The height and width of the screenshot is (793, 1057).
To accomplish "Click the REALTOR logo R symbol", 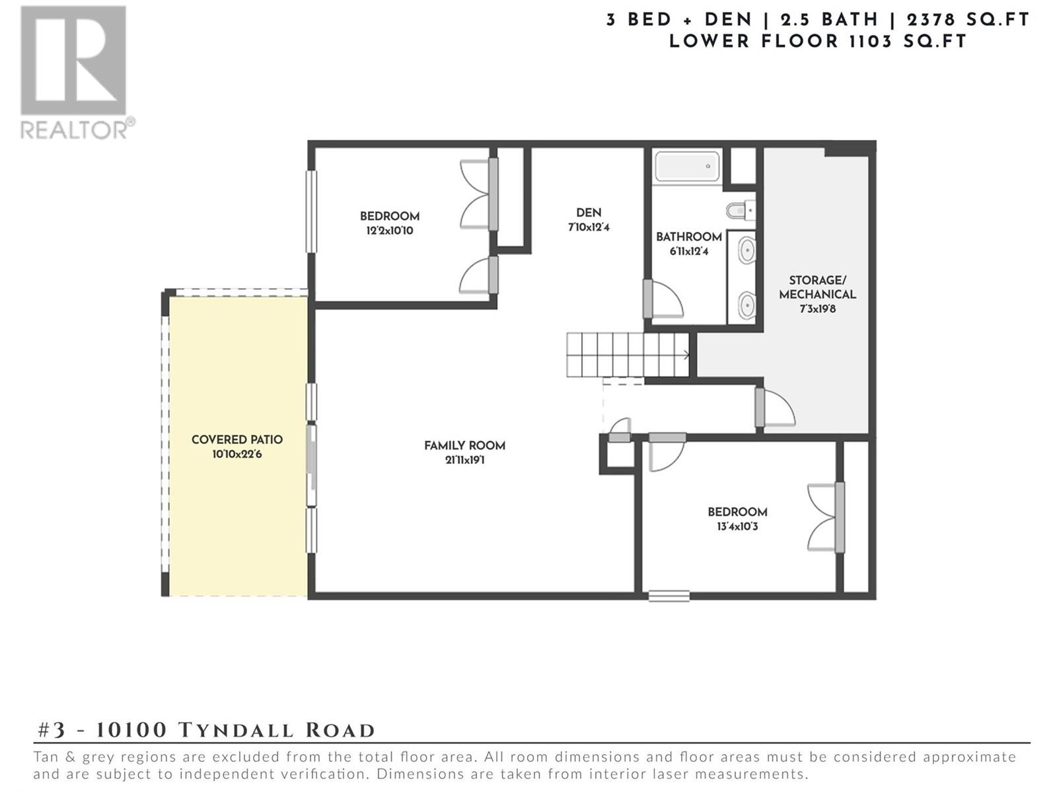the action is pyautogui.click(x=73, y=60).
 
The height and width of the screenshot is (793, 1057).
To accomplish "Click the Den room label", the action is pyautogui.click(x=589, y=212).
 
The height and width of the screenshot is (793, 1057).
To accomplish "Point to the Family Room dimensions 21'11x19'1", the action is pyautogui.click(x=464, y=460).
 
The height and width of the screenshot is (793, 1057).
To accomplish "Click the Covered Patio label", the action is pyautogui.click(x=237, y=439).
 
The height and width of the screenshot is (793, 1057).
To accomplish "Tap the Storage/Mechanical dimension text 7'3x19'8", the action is pyautogui.click(x=818, y=309).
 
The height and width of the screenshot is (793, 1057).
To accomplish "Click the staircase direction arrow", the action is pyautogui.click(x=685, y=356).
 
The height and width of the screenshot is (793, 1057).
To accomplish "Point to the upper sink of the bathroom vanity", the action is pyautogui.click(x=747, y=250).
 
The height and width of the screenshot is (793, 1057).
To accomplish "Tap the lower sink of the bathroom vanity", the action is pyautogui.click(x=747, y=305).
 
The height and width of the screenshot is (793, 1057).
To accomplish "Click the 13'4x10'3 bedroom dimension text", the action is pyautogui.click(x=737, y=526).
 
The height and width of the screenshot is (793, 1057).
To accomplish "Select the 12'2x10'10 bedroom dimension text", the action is pyautogui.click(x=390, y=231).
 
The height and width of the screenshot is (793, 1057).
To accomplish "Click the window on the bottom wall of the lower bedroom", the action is pyautogui.click(x=669, y=596).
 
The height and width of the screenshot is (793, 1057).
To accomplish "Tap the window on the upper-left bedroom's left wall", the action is pyautogui.click(x=312, y=211).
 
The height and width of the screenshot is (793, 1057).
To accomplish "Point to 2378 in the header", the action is pyautogui.click(x=931, y=20).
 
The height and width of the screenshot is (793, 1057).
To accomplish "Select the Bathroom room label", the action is pyautogui.click(x=688, y=237).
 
